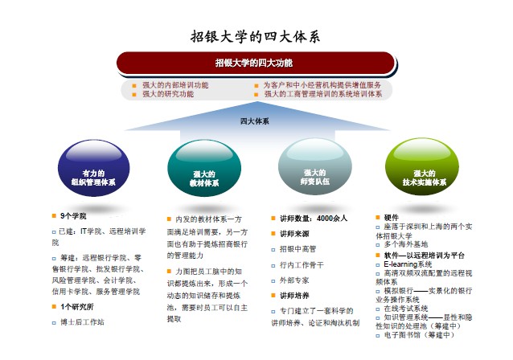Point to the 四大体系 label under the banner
(x=255, y=121)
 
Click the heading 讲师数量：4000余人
(x=314, y=218)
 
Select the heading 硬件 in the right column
(x=391, y=217)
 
